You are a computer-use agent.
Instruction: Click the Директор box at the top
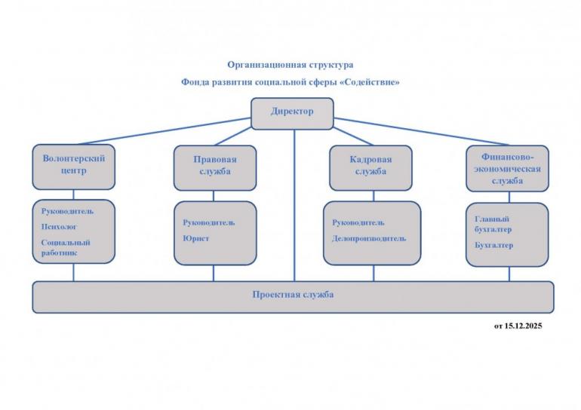tap(292, 112)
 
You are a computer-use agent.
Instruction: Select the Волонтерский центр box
tap(73, 166)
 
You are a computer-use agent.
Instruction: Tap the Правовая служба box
tap(214, 167)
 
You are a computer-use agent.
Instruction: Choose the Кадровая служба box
tap(370, 167)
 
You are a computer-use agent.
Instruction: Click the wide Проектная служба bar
tap(293, 295)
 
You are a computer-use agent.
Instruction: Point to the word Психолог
tap(59, 226)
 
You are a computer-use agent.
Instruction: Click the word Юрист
tap(195, 239)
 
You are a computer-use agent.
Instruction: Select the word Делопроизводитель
tap(369, 239)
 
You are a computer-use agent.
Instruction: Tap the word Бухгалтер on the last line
tap(494, 246)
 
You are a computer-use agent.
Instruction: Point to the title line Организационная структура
tap(290, 65)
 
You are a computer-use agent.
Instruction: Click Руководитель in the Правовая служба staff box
tap(209, 223)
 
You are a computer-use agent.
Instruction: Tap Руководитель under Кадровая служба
tap(358, 223)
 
